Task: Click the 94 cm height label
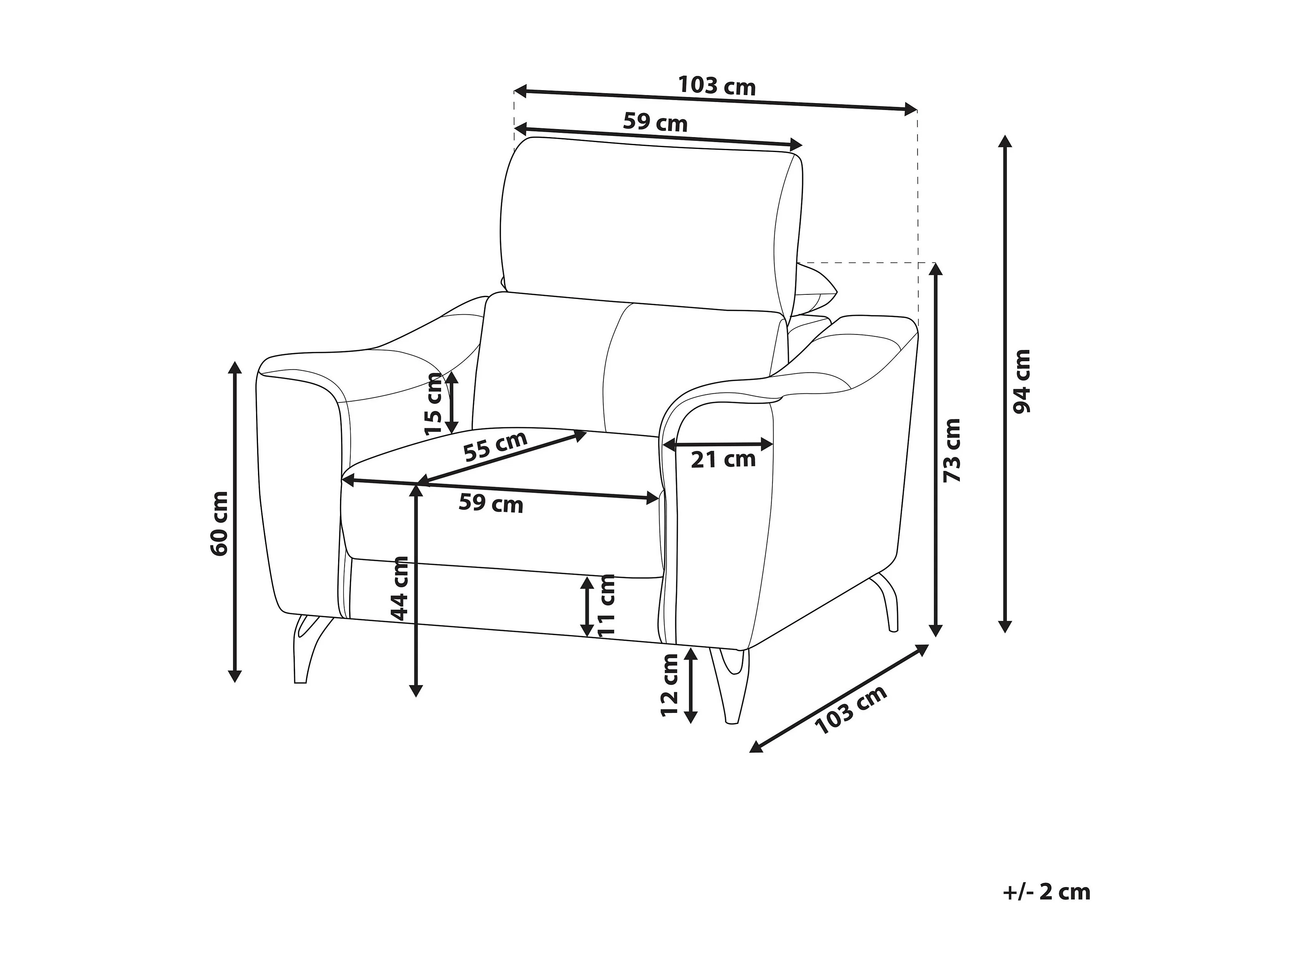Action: [1022, 381]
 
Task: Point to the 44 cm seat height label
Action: [399, 588]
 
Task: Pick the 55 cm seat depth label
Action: [495, 446]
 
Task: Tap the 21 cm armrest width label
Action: [723, 459]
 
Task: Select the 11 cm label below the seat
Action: [605, 605]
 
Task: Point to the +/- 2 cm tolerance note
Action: [1047, 892]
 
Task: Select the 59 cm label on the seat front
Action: [490, 504]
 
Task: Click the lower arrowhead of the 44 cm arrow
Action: [416, 691]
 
